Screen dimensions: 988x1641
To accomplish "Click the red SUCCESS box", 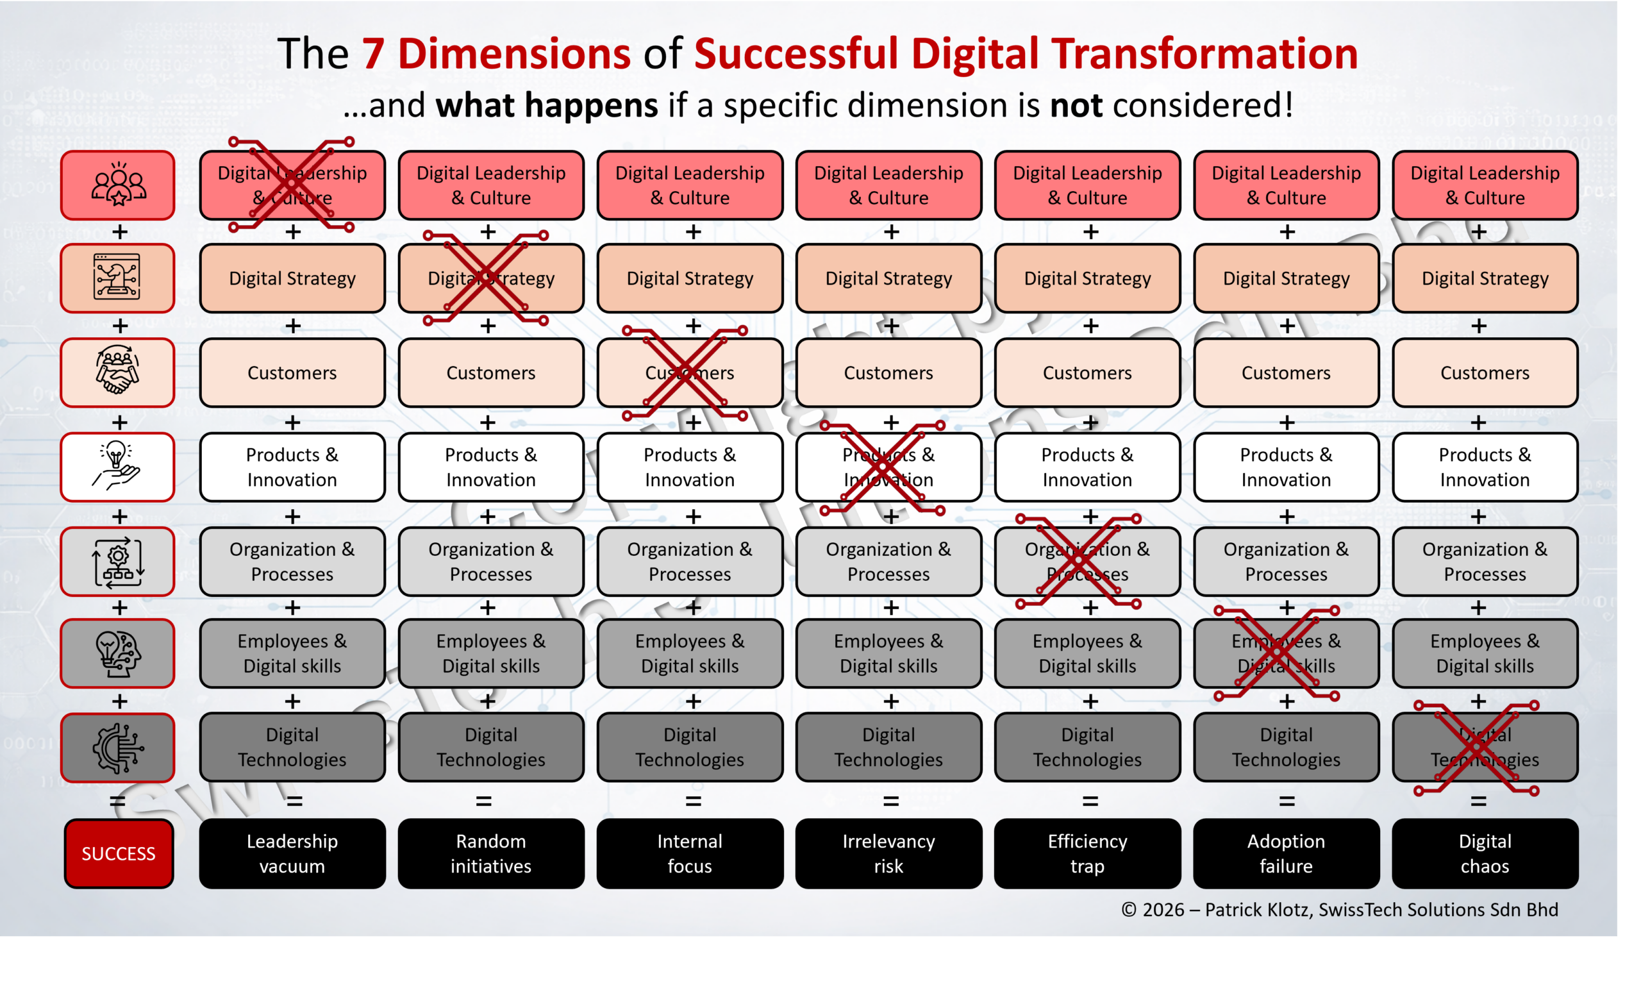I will [x=119, y=853].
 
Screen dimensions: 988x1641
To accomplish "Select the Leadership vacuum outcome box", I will [x=292, y=853].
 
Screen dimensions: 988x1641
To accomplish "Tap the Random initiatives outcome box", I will [x=491, y=853].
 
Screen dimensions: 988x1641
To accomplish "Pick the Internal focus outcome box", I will [x=689, y=853].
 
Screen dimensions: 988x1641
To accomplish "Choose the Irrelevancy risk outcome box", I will [x=888, y=853].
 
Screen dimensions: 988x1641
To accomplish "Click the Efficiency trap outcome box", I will [x=1087, y=853].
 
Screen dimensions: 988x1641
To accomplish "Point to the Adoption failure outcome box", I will [x=1286, y=853].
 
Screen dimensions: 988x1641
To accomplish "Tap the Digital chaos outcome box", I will [x=1485, y=853].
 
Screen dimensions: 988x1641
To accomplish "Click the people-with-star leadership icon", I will [x=118, y=185].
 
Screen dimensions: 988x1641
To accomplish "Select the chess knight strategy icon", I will [x=118, y=278].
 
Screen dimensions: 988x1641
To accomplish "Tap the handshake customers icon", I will [x=118, y=371].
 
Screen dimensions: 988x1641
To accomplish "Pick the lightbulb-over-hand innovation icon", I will [x=118, y=466].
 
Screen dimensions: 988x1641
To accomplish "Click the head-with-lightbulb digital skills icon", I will [x=118, y=653].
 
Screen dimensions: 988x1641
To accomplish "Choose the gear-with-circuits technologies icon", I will [x=118, y=747].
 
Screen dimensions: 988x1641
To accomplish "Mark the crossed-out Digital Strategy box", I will [x=491, y=278].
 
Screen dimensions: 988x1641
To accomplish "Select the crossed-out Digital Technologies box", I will [x=1485, y=747].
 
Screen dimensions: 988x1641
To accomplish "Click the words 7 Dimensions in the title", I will [x=496, y=53].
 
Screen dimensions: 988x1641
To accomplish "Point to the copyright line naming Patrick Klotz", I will [x=1340, y=909].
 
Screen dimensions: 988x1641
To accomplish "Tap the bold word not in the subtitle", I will [x=1076, y=105].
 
